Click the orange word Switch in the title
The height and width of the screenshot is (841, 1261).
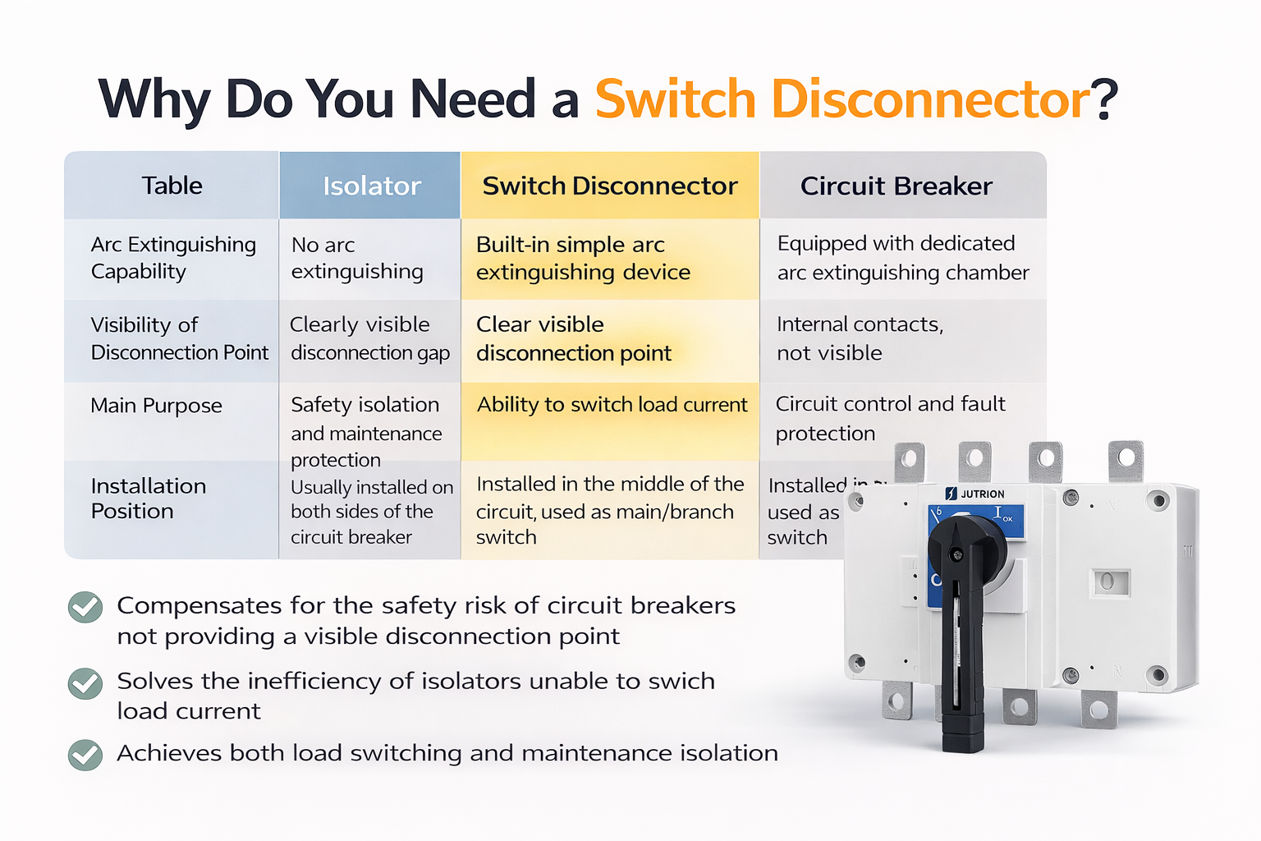click(x=675, y=99)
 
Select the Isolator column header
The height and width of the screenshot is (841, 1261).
click(x=371, y=186)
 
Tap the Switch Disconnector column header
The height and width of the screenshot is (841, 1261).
click(x=610, y=186)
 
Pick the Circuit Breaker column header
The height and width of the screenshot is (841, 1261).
click(x=896, y=186)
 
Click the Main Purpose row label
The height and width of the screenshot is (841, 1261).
click(x=156, y=406)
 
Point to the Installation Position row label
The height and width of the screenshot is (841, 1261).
click(x=148, y=499)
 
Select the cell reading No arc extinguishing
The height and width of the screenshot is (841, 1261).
click(x=357, y=258)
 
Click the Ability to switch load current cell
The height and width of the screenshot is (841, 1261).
click(x=612, y=405)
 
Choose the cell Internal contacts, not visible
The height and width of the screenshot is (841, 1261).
click(x=860, y=338)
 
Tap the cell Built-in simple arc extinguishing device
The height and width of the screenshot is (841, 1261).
click(x=583, y=258)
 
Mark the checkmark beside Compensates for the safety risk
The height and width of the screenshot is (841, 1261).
click(x=85, y=608)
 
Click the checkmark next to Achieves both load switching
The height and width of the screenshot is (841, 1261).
click(x=85, y=755)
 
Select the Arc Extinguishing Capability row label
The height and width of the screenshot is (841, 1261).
click(x=172, y=258)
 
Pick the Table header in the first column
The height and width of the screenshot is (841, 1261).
click(x=172, y=186)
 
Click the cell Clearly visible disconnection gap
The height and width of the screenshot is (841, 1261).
click(x=369, y=338)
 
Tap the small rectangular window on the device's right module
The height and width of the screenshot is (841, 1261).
click(x=1109, y=582)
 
